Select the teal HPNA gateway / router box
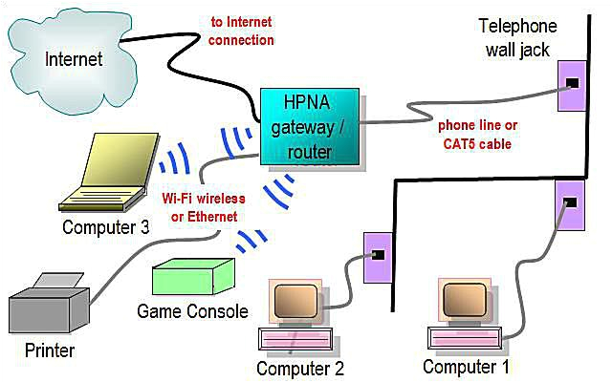click(310, 126)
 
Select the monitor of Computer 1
click(465, 301)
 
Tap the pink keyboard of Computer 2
click(296, 339)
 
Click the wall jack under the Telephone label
click(571, 84)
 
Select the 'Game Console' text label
click(192, 311)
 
